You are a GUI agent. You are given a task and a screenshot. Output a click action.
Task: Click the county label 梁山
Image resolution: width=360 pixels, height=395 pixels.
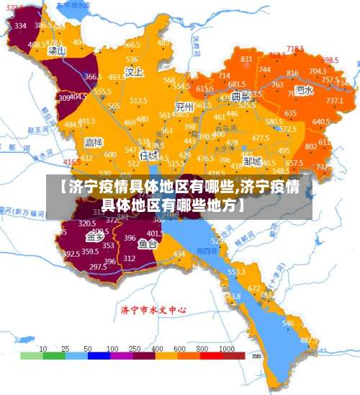[57, 52]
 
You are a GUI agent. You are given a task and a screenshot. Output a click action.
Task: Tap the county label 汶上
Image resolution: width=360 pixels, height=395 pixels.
[135, 72]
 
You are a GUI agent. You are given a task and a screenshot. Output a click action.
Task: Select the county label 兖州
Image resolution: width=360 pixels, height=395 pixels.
[184, 107]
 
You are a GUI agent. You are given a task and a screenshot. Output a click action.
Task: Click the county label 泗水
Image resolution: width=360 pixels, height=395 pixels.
[304, 92]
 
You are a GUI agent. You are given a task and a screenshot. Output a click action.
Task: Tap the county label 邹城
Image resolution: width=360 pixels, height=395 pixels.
[251, 161]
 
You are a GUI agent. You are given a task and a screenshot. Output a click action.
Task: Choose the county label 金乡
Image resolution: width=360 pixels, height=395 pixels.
[94, 236]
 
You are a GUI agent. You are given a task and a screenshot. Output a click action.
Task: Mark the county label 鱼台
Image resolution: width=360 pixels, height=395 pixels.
[148, 244]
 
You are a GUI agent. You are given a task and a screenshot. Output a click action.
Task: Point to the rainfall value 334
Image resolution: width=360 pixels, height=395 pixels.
[20, 26]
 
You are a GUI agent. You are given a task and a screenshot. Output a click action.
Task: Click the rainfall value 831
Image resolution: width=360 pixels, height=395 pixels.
[246, 59]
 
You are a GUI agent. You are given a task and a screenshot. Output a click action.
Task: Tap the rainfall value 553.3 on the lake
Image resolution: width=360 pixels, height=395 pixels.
[236, 272]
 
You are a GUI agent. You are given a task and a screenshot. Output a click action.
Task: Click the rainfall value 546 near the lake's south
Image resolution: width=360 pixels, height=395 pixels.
[288, 324]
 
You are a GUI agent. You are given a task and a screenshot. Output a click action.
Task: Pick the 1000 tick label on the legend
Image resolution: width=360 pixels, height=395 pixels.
[228, 347]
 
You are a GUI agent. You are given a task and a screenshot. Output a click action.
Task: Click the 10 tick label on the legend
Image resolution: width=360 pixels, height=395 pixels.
[43, 347]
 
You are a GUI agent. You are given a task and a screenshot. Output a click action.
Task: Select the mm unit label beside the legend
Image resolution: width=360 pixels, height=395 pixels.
[256, 355]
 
